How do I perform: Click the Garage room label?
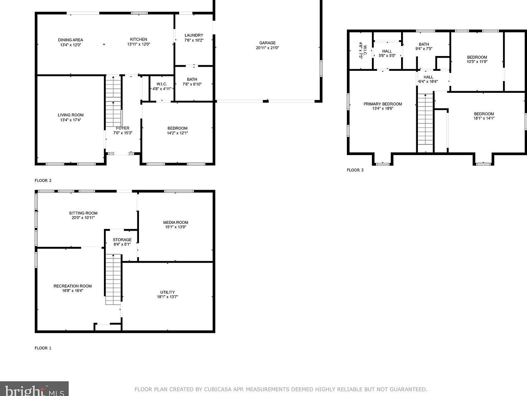[267, 43]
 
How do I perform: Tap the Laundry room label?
[194, 35]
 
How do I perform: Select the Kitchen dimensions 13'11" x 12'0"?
[139, 44]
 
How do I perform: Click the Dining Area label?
[70, 40]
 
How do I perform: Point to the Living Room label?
[70, 115]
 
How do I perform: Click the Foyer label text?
[122, 128]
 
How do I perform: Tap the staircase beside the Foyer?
[113, 101]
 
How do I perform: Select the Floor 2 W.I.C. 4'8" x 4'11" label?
[162, 86]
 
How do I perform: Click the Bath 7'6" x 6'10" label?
[192, 82]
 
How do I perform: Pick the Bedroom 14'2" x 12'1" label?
[177, 131]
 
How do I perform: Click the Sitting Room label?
[83, 213]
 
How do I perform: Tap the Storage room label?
[122, 240]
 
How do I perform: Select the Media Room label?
[176, 222]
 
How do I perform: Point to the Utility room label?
[167, 293]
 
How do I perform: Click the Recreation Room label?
[73, 286]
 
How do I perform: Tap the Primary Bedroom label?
[383, 104]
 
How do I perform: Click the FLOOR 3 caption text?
[355, 170]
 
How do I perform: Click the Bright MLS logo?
[34, 390]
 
